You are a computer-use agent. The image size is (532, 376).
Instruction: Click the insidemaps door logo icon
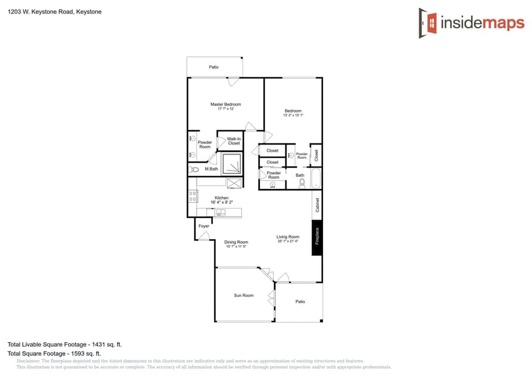pyautogui.click(x=427, y=23)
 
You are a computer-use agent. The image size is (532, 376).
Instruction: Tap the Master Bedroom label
pyautogui.click(x=226, y=104)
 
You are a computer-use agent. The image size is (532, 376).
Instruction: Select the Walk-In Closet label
pyautogui.click(x=234, y=141)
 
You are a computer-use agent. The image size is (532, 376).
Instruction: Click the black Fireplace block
pyautogui.click(x=317, y=236)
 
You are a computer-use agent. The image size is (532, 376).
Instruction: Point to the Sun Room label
pyautogui.click(x=243, y=295)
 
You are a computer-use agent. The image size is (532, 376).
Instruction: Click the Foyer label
pyautogui.click(x=204, y=226)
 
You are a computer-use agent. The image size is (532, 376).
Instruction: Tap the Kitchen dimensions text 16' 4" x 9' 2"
pyautogui.click(x=222, y=203)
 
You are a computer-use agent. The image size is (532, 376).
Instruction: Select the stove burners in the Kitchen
pyautogui.click(x=193, y=195)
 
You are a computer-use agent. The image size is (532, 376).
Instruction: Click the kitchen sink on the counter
pyautogui.click(x=221, y=212)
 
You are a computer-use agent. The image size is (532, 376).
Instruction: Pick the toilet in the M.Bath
pyautogui.click(x=193, y=169)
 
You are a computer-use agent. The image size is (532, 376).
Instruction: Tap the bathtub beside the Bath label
pyautogui.click(x=316, y=178)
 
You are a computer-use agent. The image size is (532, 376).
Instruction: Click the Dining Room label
pyautogui.click(x=236, y=242)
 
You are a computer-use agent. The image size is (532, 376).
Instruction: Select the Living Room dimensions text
pyautogui.click(x=288, y=241)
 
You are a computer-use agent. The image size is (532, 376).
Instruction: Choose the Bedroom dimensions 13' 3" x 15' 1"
pyautogui.click(x=293, y=115)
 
